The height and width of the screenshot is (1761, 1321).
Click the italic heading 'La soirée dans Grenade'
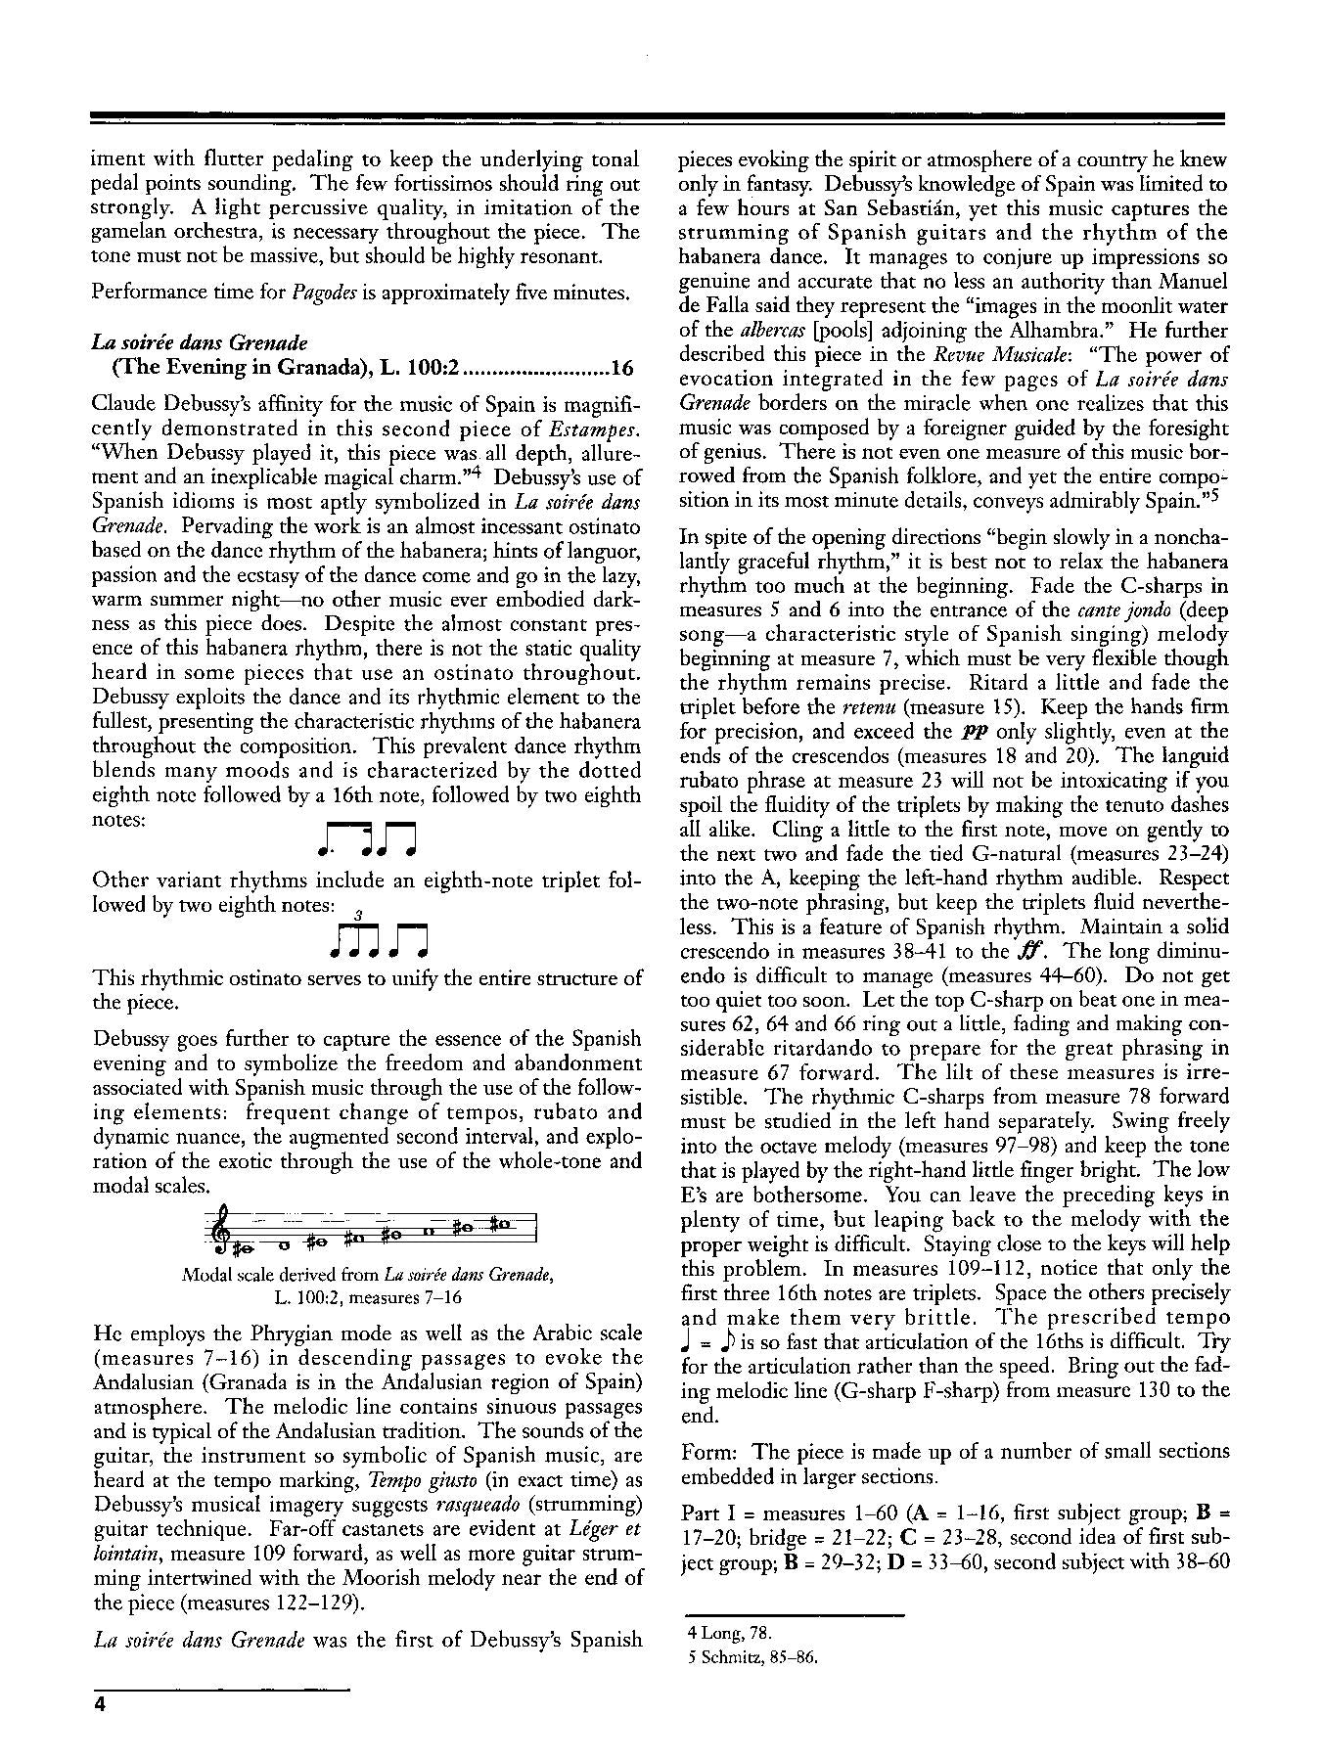200,342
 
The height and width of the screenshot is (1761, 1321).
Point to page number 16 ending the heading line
623,368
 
